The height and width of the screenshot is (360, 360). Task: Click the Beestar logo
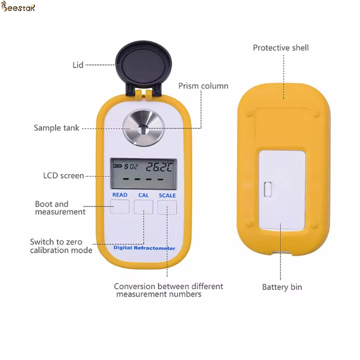[x=18, y=8]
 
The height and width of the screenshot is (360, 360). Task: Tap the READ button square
[x=120, y=207]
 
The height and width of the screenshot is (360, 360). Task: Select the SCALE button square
[x=167, y=207]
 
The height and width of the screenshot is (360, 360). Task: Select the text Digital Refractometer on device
[x=144, y=248]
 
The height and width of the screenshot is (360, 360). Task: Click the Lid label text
[x=78, y=65]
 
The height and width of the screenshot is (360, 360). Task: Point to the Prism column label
[x=203, y=86]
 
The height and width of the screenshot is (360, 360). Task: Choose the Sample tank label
[x=56, y=128]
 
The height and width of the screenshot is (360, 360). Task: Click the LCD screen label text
[x=63, y=175]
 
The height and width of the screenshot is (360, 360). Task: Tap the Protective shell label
[x=281, y=48]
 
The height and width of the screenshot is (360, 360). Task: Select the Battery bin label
[x=282, y=287]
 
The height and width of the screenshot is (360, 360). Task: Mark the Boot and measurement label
[x=60, y=208]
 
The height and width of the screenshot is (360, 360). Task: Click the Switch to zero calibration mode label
[x=61, y=246]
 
